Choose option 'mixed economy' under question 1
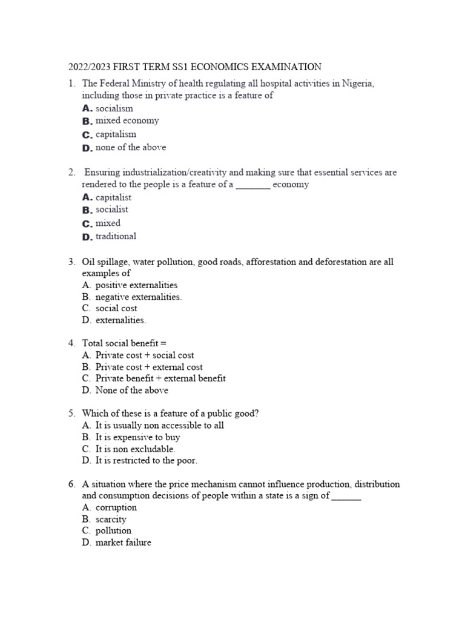coord(127,120)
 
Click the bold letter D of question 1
coord(87,148)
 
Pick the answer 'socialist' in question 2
coord(112,209)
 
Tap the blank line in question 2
coord(252,185)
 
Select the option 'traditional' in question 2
coord(116,236)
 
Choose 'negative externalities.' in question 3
coord(139,297)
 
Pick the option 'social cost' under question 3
coord(116,308)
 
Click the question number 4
coord(71,343)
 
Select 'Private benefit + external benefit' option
coord(160,378)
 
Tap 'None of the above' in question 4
coord(132,390)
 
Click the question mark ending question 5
coord(257,414)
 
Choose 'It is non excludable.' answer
coord(136,449)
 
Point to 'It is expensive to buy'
coord(138,437)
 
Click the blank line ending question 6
coord(346,496)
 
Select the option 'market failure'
coord(124,542)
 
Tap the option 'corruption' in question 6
coord(116,507)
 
